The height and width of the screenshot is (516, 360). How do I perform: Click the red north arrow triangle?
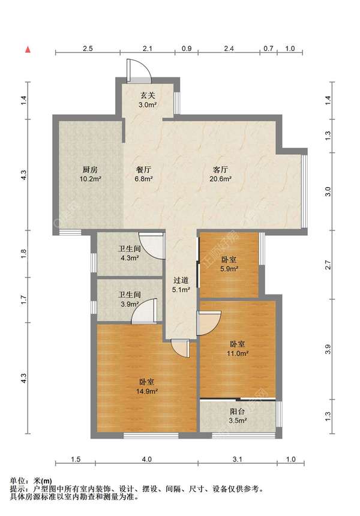tap(28, 50)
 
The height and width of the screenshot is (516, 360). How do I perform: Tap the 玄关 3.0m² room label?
tap(148, 100)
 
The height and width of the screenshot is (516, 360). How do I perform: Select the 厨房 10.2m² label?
tap(90, 174)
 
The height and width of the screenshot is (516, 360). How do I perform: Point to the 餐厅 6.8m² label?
tap(143, 174)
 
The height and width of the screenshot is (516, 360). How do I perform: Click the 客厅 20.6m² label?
tap(220, 174)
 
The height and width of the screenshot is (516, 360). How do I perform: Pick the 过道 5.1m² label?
tap(181, 284)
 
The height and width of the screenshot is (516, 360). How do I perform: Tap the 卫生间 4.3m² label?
tap(130, 253)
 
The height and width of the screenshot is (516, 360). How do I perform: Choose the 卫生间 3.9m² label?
tap(130, 299)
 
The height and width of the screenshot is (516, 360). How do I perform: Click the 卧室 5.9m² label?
tap(229, 264)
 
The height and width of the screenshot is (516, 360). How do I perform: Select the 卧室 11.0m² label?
tap(237, 349)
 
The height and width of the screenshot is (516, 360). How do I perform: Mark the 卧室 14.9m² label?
tap(147, 386)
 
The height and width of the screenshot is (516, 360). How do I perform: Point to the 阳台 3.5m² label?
tap(238, 416)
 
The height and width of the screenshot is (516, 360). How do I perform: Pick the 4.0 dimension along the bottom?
tap(147, 459)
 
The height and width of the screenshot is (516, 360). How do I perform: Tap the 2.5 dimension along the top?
tap(88, 49)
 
